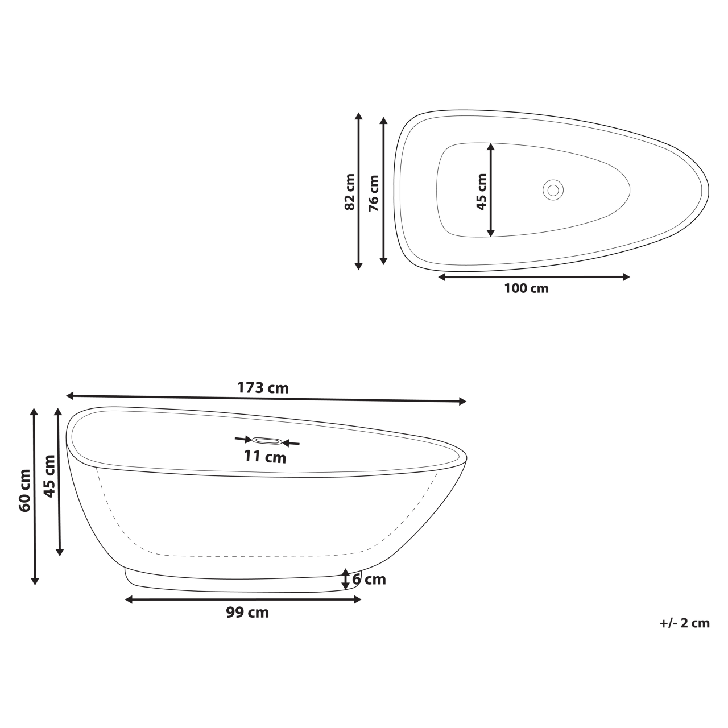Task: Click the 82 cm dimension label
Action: pyautogui.click(x=350, y=192)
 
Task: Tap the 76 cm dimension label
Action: pyautogui.click(x=374, y=193)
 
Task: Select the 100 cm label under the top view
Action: pyautogui.click(x=526, y=288)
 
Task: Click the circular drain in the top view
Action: pyautogui.click(x=552, y=189)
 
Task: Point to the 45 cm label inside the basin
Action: pyautogui.click(x=482, y=192)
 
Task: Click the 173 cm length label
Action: pyautogui.click(x=263, y=388)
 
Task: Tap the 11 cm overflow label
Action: pyautogui.click(x=265, y=456)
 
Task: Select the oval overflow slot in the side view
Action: pyautogui.click(x=267, y=441)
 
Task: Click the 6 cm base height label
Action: pyautogui.click(x=369, y=580)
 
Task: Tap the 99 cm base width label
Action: pyautogui.click(x=247, y=613)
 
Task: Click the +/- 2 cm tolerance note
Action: pyautogui.click(x=685, y=623)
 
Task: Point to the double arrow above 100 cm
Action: pyautogui.click(x=534, y=277)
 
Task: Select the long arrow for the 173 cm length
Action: pyautogui.click(x=266, y=398)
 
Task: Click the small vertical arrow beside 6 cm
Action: pyautogui.click(x=345, y=579)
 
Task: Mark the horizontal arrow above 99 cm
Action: pyautogui.click(x=243, y=599)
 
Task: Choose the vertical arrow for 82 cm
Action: pyautogui.click(x=358, y=191)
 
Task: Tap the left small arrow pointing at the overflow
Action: pyautogui.click(x=243, y=439)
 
